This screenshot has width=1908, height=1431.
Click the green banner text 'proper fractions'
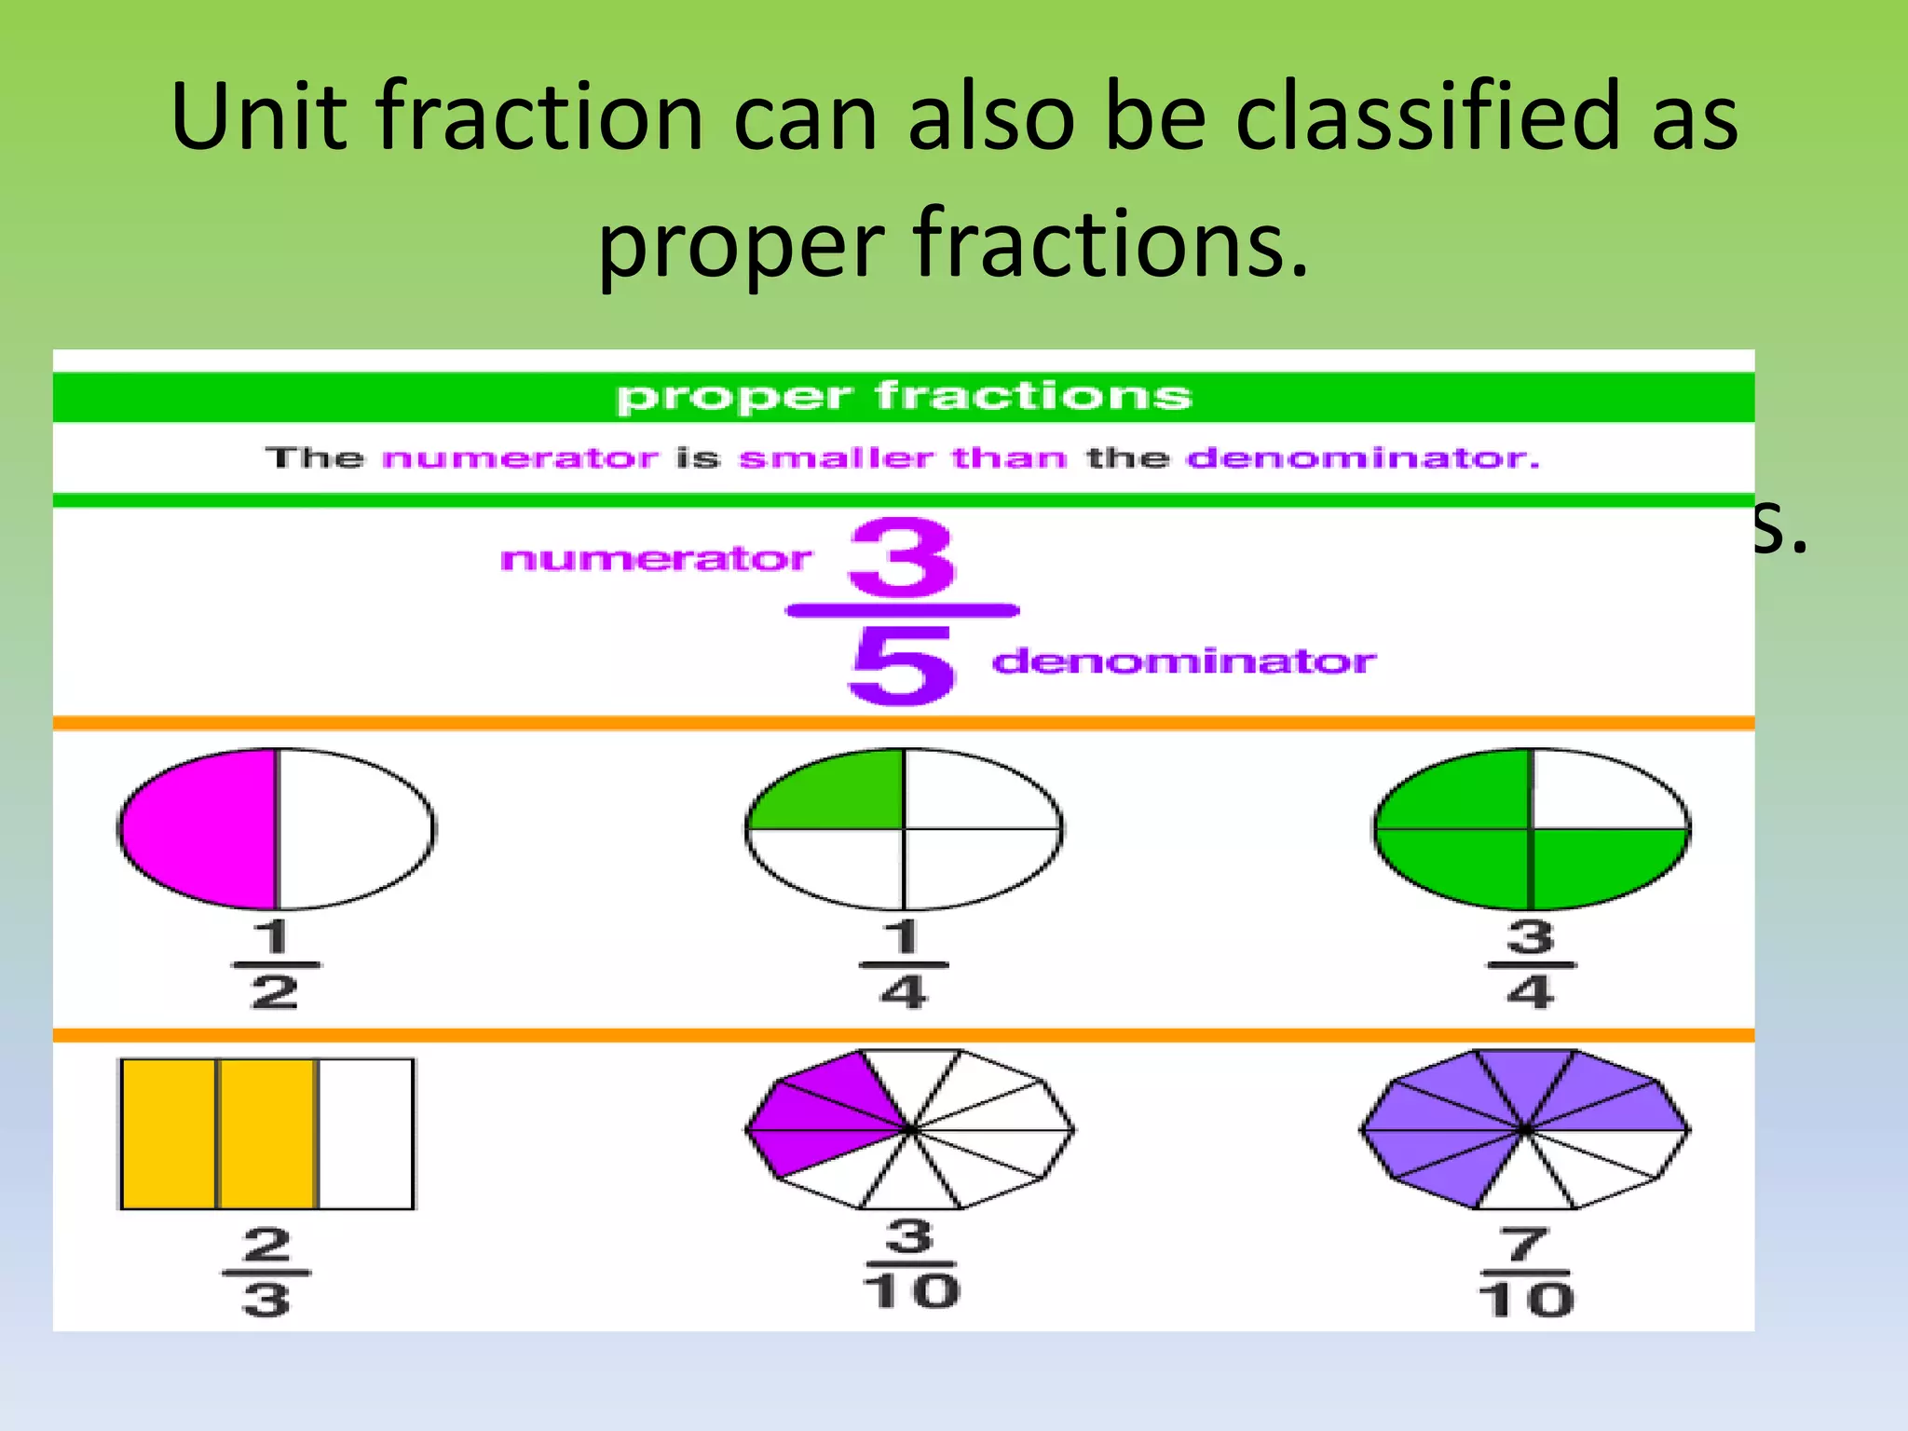(904, 397)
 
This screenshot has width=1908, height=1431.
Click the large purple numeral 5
(902, 664)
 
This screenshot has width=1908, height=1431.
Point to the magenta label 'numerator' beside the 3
(656, 559)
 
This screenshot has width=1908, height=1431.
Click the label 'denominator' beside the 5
(1183, 661)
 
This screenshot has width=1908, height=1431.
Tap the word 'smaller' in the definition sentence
(836, 458)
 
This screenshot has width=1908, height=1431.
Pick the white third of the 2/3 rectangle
(366, 1134)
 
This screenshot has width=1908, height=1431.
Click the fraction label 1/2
(275, 965)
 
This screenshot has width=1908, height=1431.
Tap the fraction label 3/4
(1531, 965)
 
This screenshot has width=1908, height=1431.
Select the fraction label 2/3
(266, 1272)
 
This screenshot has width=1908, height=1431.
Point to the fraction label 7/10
(1525, 1272)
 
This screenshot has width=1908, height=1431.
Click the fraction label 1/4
(903, 965)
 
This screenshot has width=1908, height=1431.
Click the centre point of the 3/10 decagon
(910, 1130)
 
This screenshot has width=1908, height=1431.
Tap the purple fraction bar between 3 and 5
(902, 611)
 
